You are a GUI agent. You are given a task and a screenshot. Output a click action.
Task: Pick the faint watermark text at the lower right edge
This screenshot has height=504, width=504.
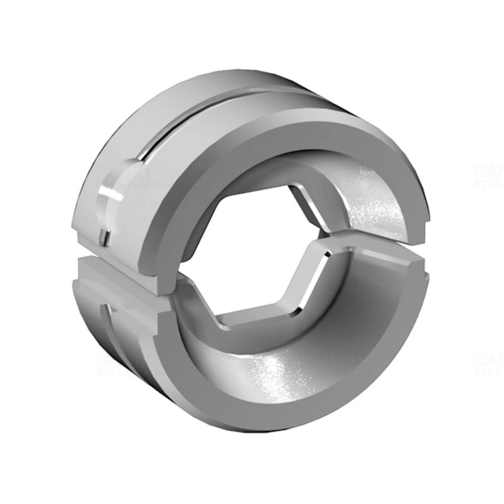coord(488,365)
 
